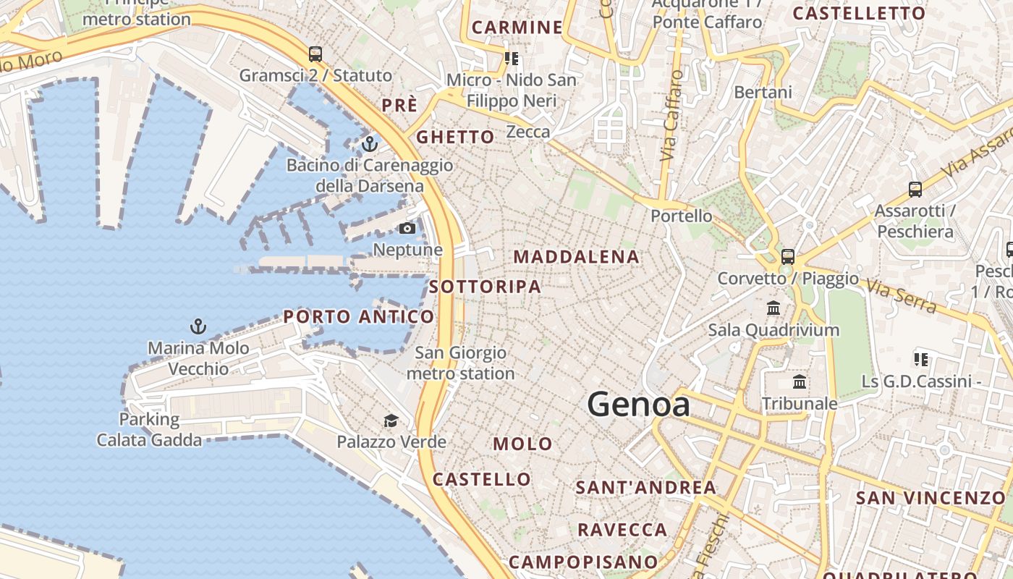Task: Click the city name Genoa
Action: (638, 404)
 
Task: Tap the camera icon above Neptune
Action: (407, 229)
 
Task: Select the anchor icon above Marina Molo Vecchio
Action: (198, 326)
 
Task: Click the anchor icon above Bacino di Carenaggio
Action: (370, 144)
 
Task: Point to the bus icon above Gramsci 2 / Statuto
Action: (315, 54)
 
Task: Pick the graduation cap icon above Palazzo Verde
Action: (391, 420)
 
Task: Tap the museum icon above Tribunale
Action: (800, 381)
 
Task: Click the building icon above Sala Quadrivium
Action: (773, 308)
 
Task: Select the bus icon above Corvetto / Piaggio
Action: (788, 257)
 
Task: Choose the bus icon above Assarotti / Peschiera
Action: (915, 190)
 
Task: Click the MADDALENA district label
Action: (577, 257)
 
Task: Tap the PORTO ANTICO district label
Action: (359, 316)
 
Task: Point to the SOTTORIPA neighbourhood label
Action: (485, 287)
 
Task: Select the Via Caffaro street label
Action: (672, 116)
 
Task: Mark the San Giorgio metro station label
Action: (461, 363)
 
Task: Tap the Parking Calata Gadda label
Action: (149, 429)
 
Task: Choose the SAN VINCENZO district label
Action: (931, 498)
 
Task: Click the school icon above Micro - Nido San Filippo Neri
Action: (512, 59)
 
